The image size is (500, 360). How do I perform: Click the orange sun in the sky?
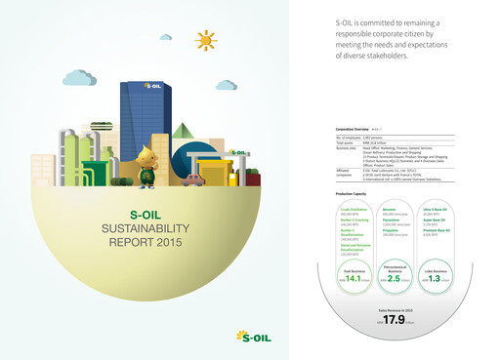coord(205,40)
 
